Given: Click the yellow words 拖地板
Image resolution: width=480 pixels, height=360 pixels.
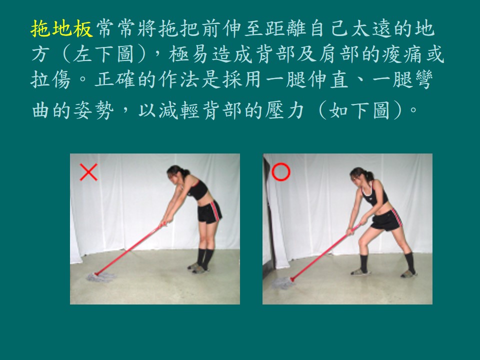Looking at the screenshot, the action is tap(61, 29).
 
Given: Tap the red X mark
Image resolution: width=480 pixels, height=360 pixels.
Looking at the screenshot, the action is tap(89, 172).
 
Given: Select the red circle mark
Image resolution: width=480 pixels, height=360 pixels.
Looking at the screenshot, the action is tap(280, 171).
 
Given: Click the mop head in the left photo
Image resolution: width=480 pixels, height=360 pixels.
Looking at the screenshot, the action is tap(101, 277).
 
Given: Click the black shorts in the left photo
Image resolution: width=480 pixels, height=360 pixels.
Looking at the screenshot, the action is tap(209, 211).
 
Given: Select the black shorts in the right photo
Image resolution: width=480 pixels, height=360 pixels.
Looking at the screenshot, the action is tap(386, 219).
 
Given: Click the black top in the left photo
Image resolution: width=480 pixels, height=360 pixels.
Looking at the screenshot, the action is tap(197, 189).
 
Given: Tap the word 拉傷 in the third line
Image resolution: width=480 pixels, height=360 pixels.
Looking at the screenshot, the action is tap(51, 80).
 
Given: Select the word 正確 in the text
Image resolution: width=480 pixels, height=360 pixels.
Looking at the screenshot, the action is tap(115, 80).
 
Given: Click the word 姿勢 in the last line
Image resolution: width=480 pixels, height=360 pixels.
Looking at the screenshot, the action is tap(93, 110).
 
